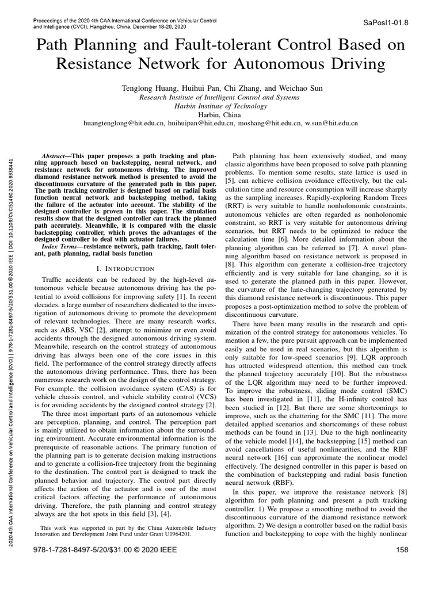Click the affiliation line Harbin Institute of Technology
point(222,106)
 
